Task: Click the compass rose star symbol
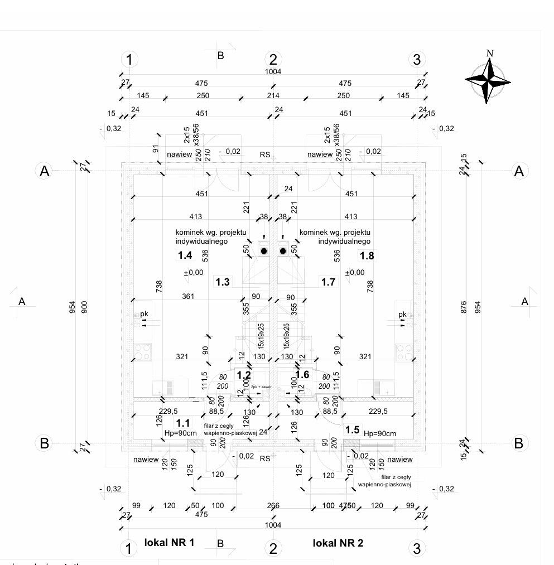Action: point(488,81)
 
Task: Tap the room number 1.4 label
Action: point(185,255)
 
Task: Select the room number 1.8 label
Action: point(367,255)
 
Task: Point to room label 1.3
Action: point(223,282)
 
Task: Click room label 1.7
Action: point(328,282)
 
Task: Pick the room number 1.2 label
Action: point(244,375)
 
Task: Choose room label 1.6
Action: point(302,375)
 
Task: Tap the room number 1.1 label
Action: point(183,423)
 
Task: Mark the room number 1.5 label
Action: point(352,429)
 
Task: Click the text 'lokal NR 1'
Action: point(169,542)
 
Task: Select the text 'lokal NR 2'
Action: point(338,543)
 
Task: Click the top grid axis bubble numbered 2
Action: point(273,59)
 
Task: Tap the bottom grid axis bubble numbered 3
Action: point(416,548)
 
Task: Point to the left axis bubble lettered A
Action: point(44,171)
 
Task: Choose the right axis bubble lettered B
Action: point(519,443)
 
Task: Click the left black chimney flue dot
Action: point(264,252)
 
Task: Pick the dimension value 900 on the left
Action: point(85,307)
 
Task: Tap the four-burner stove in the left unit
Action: point(143,351)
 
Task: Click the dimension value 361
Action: point(188,296)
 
